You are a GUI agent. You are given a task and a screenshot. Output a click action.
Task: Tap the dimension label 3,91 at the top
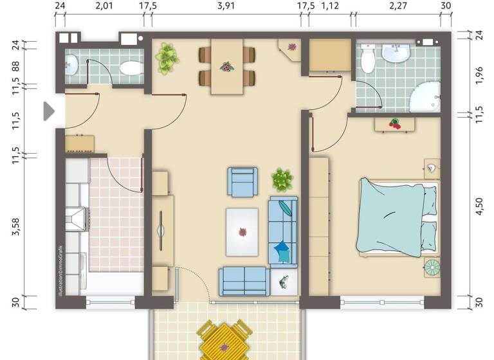point(226,6)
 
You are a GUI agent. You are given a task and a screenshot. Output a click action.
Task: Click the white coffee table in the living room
point(242,231)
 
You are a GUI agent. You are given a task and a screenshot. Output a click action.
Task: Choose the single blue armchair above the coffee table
point(242,181)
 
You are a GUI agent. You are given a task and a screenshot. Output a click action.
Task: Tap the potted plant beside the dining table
point(167,57)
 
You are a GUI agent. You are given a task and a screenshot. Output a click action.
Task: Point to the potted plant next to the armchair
point(282,179)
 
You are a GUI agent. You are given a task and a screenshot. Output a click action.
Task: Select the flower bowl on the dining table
point(226,66)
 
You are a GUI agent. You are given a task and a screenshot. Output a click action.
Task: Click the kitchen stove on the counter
point(77,219)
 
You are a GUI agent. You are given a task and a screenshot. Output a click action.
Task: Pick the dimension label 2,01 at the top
point(104,6)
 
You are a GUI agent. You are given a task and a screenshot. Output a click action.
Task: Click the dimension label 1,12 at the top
point(329,6)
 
